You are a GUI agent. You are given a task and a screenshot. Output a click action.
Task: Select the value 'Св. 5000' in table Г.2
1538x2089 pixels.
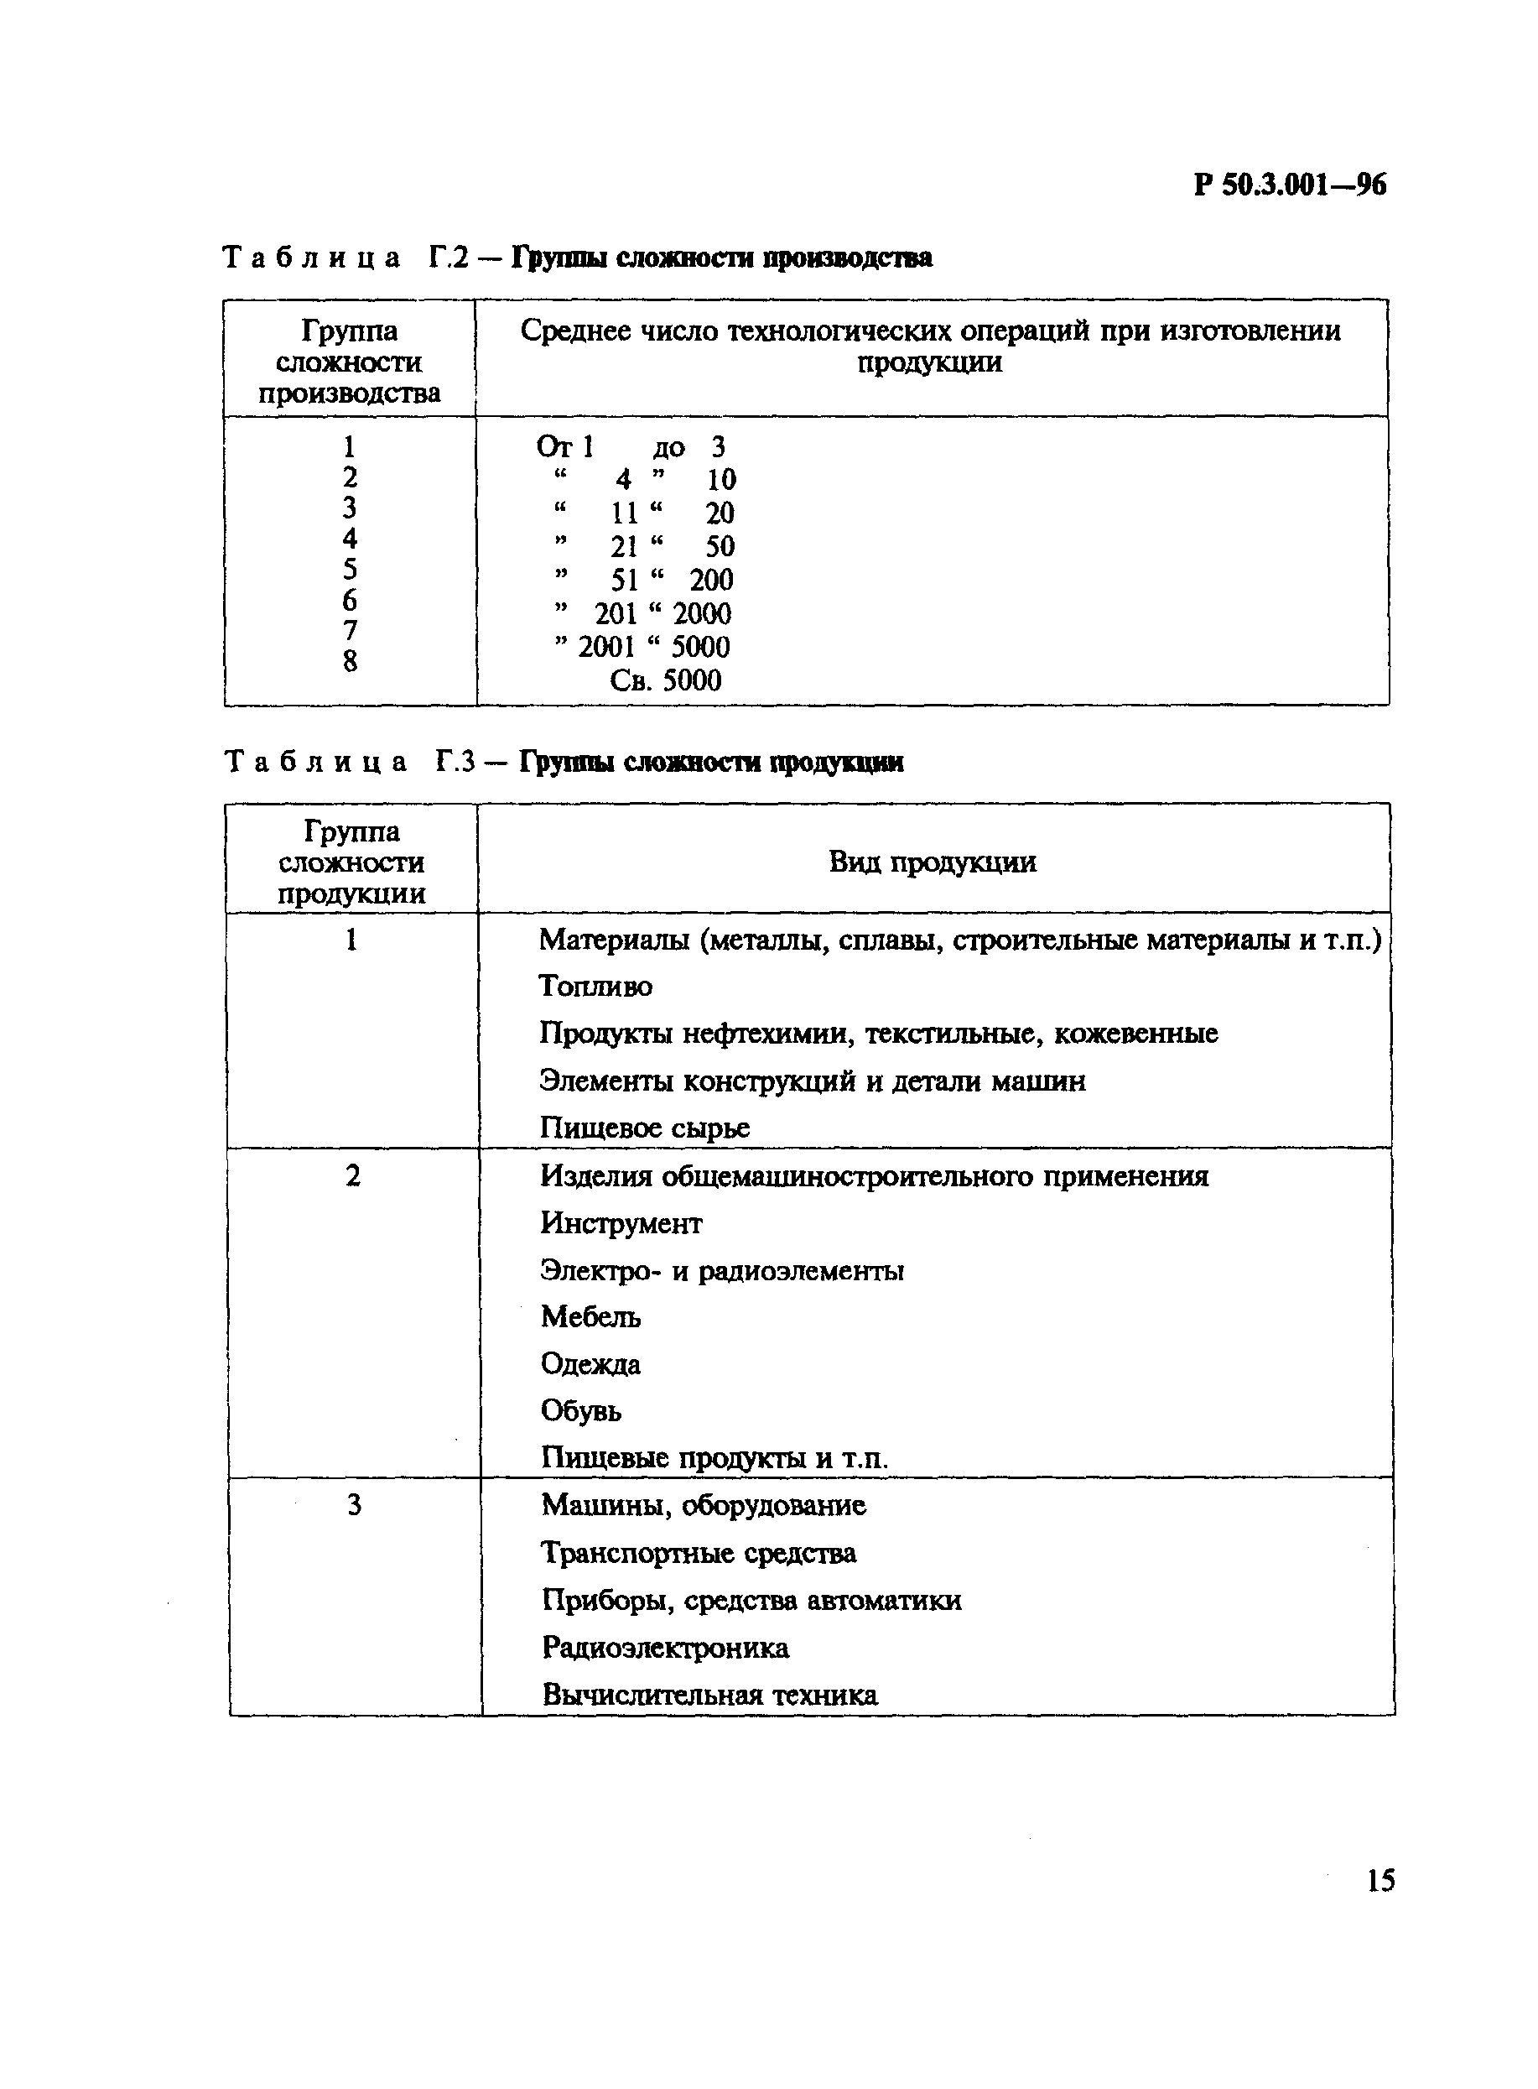coord(665,680)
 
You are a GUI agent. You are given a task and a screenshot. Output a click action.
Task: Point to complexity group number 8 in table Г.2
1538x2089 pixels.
coord(350,661)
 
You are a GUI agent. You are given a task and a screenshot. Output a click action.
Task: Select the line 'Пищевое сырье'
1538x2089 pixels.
coord(644,1128)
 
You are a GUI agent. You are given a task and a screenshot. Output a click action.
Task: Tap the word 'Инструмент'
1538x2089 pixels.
coord(621,1223)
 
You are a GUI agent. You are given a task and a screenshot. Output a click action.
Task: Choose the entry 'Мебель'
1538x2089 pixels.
coord(590,1317)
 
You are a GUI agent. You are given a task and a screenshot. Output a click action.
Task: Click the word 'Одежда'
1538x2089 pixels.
coord(590,1364)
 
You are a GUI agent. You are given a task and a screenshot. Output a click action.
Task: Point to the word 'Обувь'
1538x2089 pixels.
coord(581,1411)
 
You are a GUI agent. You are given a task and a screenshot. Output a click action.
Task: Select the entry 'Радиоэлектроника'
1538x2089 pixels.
coord(665,1648)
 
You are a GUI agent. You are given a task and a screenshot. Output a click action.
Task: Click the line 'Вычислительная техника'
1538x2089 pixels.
coord(709,1695)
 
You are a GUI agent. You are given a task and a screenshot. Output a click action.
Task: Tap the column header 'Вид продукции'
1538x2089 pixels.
coord(932,862)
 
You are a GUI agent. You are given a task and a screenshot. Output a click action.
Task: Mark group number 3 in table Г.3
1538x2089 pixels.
coord(354,1506)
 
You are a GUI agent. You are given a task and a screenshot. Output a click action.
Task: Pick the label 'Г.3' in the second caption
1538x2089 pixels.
coord(456,762)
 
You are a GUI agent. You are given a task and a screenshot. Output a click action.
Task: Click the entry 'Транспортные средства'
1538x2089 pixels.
coord(699,1553)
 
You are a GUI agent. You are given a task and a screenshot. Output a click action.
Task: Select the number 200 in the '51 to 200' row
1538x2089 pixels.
coord(711,581)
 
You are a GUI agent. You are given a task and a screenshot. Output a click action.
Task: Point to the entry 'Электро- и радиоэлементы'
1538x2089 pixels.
coord(721,1270)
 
